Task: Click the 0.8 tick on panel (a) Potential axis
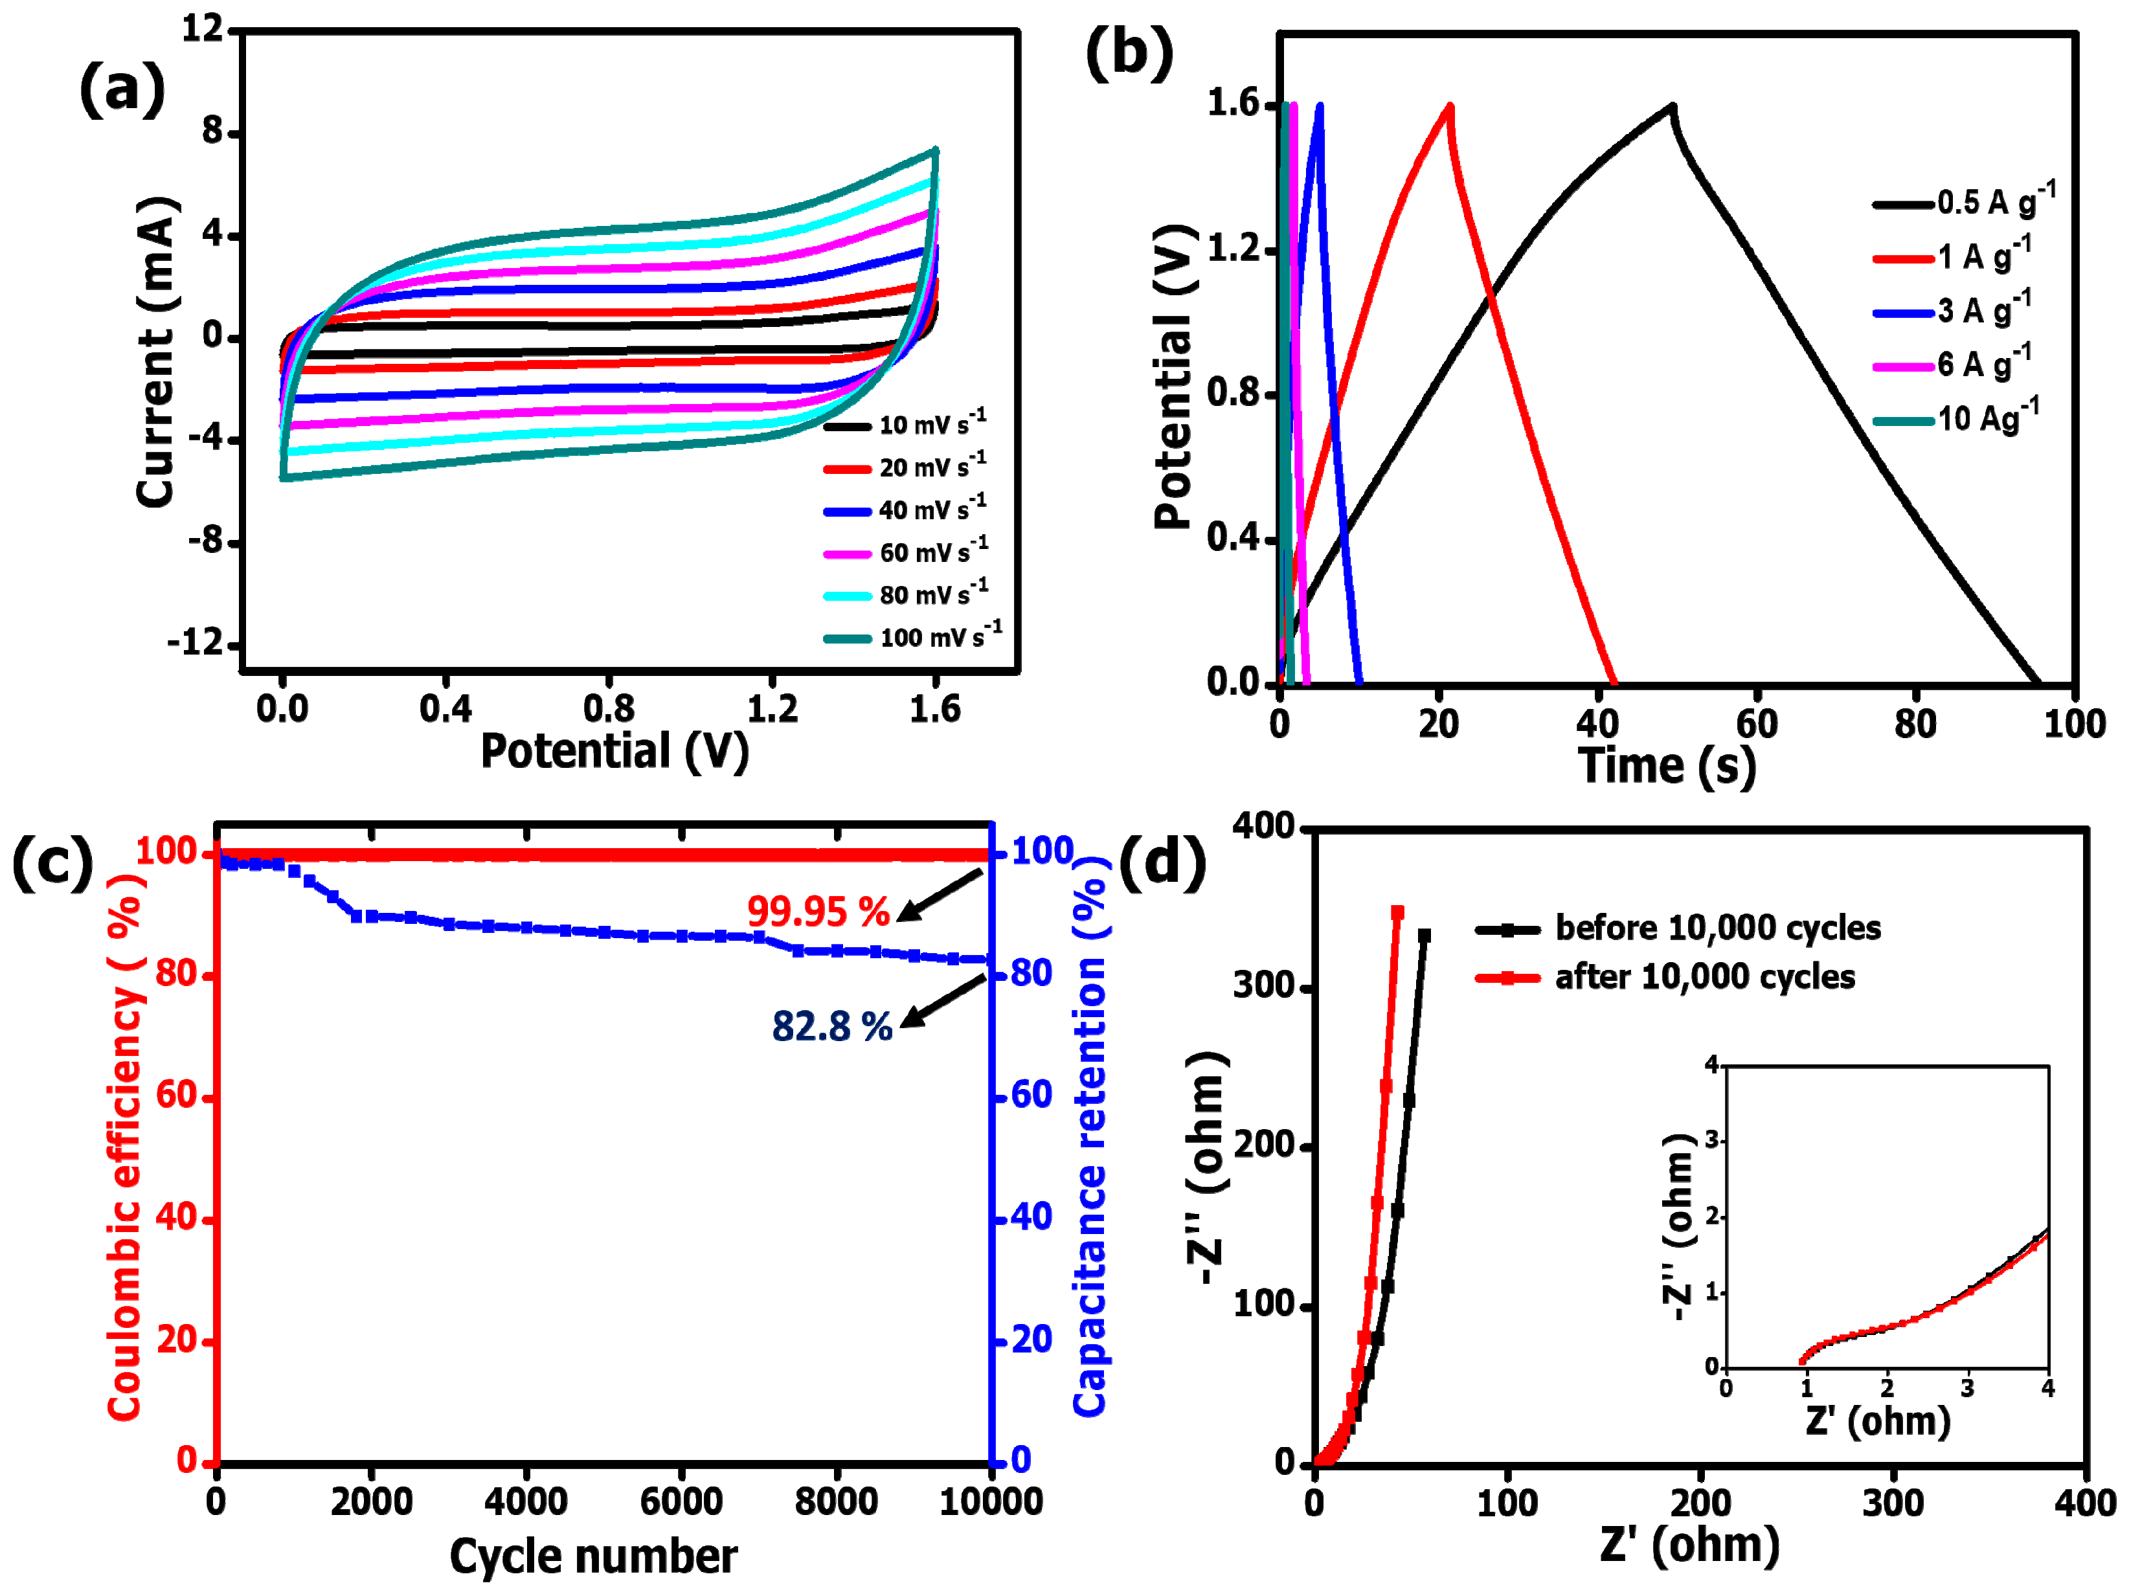[x=608, y=710]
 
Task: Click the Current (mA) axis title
[x=156, y=352]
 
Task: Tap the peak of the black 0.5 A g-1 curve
[x=1673, y=106]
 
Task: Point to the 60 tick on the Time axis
[x=1757, y=724]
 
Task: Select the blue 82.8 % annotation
[x=833, y=1026]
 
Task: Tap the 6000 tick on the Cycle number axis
[x=681, y=1501]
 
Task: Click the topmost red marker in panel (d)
[x=1397, y=912]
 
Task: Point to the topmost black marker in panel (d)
[x=1425, y=935]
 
